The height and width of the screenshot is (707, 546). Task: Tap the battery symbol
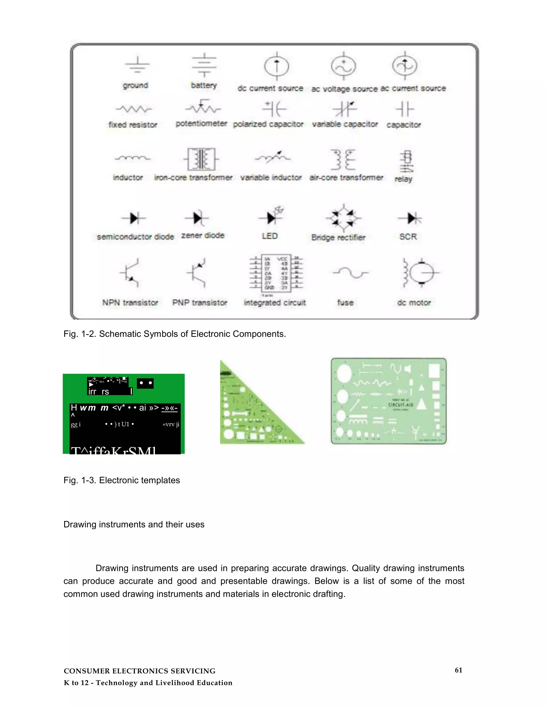204,65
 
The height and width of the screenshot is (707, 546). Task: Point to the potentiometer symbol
203,108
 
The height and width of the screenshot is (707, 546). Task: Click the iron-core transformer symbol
201,159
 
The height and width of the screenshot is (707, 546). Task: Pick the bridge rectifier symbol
343,219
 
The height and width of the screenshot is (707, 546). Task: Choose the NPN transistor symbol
131,273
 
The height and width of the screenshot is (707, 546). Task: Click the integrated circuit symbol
276,273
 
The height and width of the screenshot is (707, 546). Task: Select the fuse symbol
351,273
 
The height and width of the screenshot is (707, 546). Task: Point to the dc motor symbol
420,273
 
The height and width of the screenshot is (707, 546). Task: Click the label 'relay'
403,179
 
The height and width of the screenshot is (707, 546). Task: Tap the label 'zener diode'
203,235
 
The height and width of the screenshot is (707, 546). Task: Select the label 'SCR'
408,237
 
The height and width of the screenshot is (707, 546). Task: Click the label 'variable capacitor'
345,124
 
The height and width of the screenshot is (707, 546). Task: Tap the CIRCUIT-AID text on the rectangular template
401,405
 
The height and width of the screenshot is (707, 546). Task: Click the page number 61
458,670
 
